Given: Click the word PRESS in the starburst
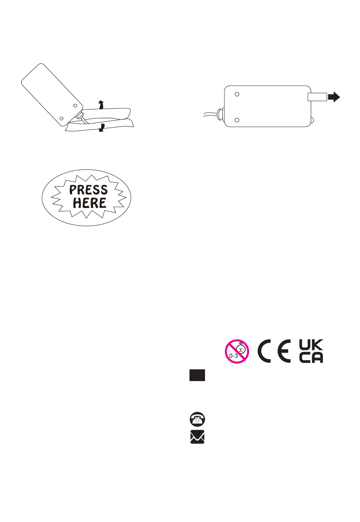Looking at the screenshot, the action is (x=88, y=189).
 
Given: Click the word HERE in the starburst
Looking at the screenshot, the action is (x=89, y=203).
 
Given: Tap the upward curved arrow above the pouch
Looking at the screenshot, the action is (x=100, y=105).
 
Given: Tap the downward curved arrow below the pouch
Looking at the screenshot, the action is (x=101, y=128).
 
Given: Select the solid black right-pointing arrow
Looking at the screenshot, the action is (x=334, y=97).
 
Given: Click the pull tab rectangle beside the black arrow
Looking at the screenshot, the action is (x=317, y=97).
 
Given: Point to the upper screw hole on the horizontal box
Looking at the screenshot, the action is (x=237, y=94).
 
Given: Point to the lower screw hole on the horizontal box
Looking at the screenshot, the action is (x=237, y=120).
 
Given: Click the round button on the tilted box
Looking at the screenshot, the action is (x=81, y=116).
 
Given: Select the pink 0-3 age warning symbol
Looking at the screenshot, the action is (x=237, y=351).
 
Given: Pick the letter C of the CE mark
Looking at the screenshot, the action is (x=265, y=351).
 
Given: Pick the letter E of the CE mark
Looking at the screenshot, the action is (x=284, y=351).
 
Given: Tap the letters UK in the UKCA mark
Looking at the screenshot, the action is (x=311, y=344).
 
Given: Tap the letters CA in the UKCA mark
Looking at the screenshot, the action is (x=311, y=358).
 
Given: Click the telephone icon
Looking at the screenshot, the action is (x=197, y=419).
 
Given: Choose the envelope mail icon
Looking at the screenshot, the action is (x=197, y=437).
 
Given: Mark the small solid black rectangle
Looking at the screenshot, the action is (x=197, y=375).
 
